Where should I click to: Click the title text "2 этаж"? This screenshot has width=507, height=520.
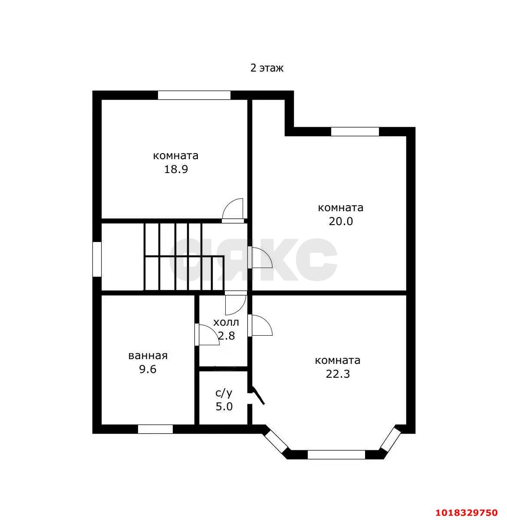tap(267, 68)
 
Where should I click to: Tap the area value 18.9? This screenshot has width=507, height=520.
tap(176, 170)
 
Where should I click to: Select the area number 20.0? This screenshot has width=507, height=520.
tap(341, 221)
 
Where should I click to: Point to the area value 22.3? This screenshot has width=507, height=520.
tap(338, 374)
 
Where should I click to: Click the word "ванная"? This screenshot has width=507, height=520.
tap(148, 356)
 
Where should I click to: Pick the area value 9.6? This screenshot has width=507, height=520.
tap(148, 369)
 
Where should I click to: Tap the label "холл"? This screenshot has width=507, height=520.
tap(226, 322)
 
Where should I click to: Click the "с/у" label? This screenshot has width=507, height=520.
tap(224, 393)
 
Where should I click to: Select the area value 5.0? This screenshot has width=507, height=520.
tap(224, 406)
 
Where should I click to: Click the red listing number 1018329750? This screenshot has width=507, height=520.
tap(467, 513)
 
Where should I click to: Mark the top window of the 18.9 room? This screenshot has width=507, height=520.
tap(194, 95)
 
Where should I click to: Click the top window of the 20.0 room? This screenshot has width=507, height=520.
tap(355, 132)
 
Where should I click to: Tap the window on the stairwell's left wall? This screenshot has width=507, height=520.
tap(97, 259)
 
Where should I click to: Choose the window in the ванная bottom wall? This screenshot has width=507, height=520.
tap(155, 429)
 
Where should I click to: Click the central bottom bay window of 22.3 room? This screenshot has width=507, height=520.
tap(336, 455)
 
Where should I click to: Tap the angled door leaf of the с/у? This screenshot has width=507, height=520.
tap(258, 395)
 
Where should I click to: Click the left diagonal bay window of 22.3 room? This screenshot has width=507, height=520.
tap(276, 441)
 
